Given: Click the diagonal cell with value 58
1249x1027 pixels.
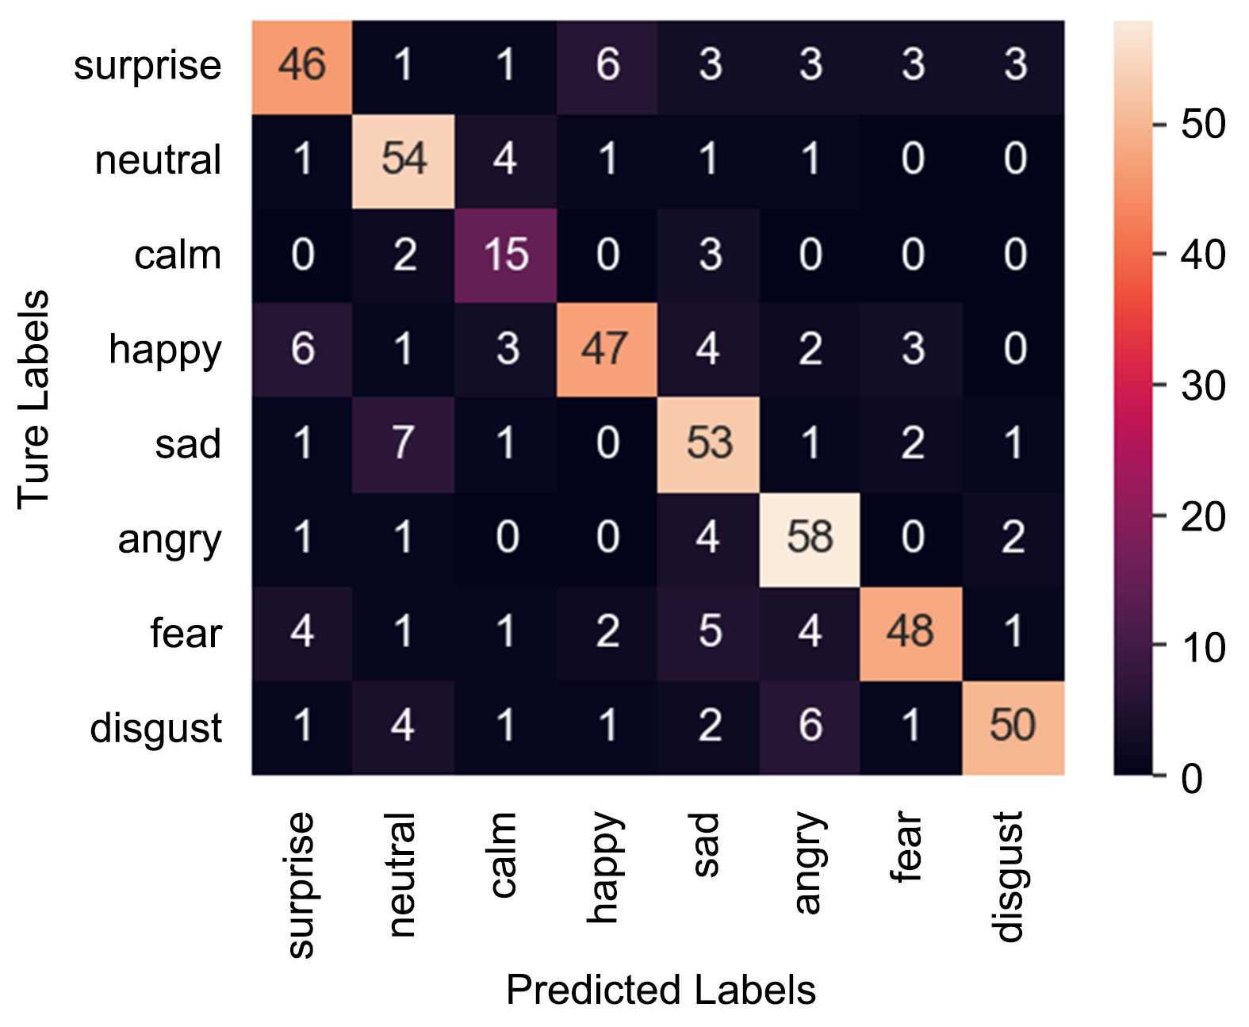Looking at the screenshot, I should [810, 538].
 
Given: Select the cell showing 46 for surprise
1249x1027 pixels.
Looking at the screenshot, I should [302, 65].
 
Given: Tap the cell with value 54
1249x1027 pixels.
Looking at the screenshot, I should [404, 159].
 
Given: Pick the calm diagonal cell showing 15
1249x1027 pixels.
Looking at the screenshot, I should [505, 255].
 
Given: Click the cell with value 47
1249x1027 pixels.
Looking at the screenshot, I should [607, 349].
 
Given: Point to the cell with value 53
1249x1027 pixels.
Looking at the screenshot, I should [708, 443].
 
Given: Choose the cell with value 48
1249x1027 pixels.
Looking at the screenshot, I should [911, 633].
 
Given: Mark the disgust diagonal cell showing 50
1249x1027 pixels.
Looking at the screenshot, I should [1013, 726].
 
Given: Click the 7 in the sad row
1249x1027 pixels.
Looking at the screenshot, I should [404, 443].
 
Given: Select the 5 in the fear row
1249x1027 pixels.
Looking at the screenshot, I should [708, 633].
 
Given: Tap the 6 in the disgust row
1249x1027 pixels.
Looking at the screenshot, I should [810, 726].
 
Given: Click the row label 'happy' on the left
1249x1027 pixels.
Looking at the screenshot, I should [165, 350].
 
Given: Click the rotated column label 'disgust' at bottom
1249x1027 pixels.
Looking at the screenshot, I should [1009, 876].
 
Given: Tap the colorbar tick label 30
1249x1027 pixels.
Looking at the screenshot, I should [1202, 386].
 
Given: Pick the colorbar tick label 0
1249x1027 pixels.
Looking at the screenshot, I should [1191, 779].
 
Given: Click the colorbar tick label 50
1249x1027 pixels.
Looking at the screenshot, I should [1202, 125].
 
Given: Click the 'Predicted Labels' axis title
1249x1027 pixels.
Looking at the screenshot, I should [661, 991].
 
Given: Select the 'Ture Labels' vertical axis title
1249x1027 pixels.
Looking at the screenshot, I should [33, 398].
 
